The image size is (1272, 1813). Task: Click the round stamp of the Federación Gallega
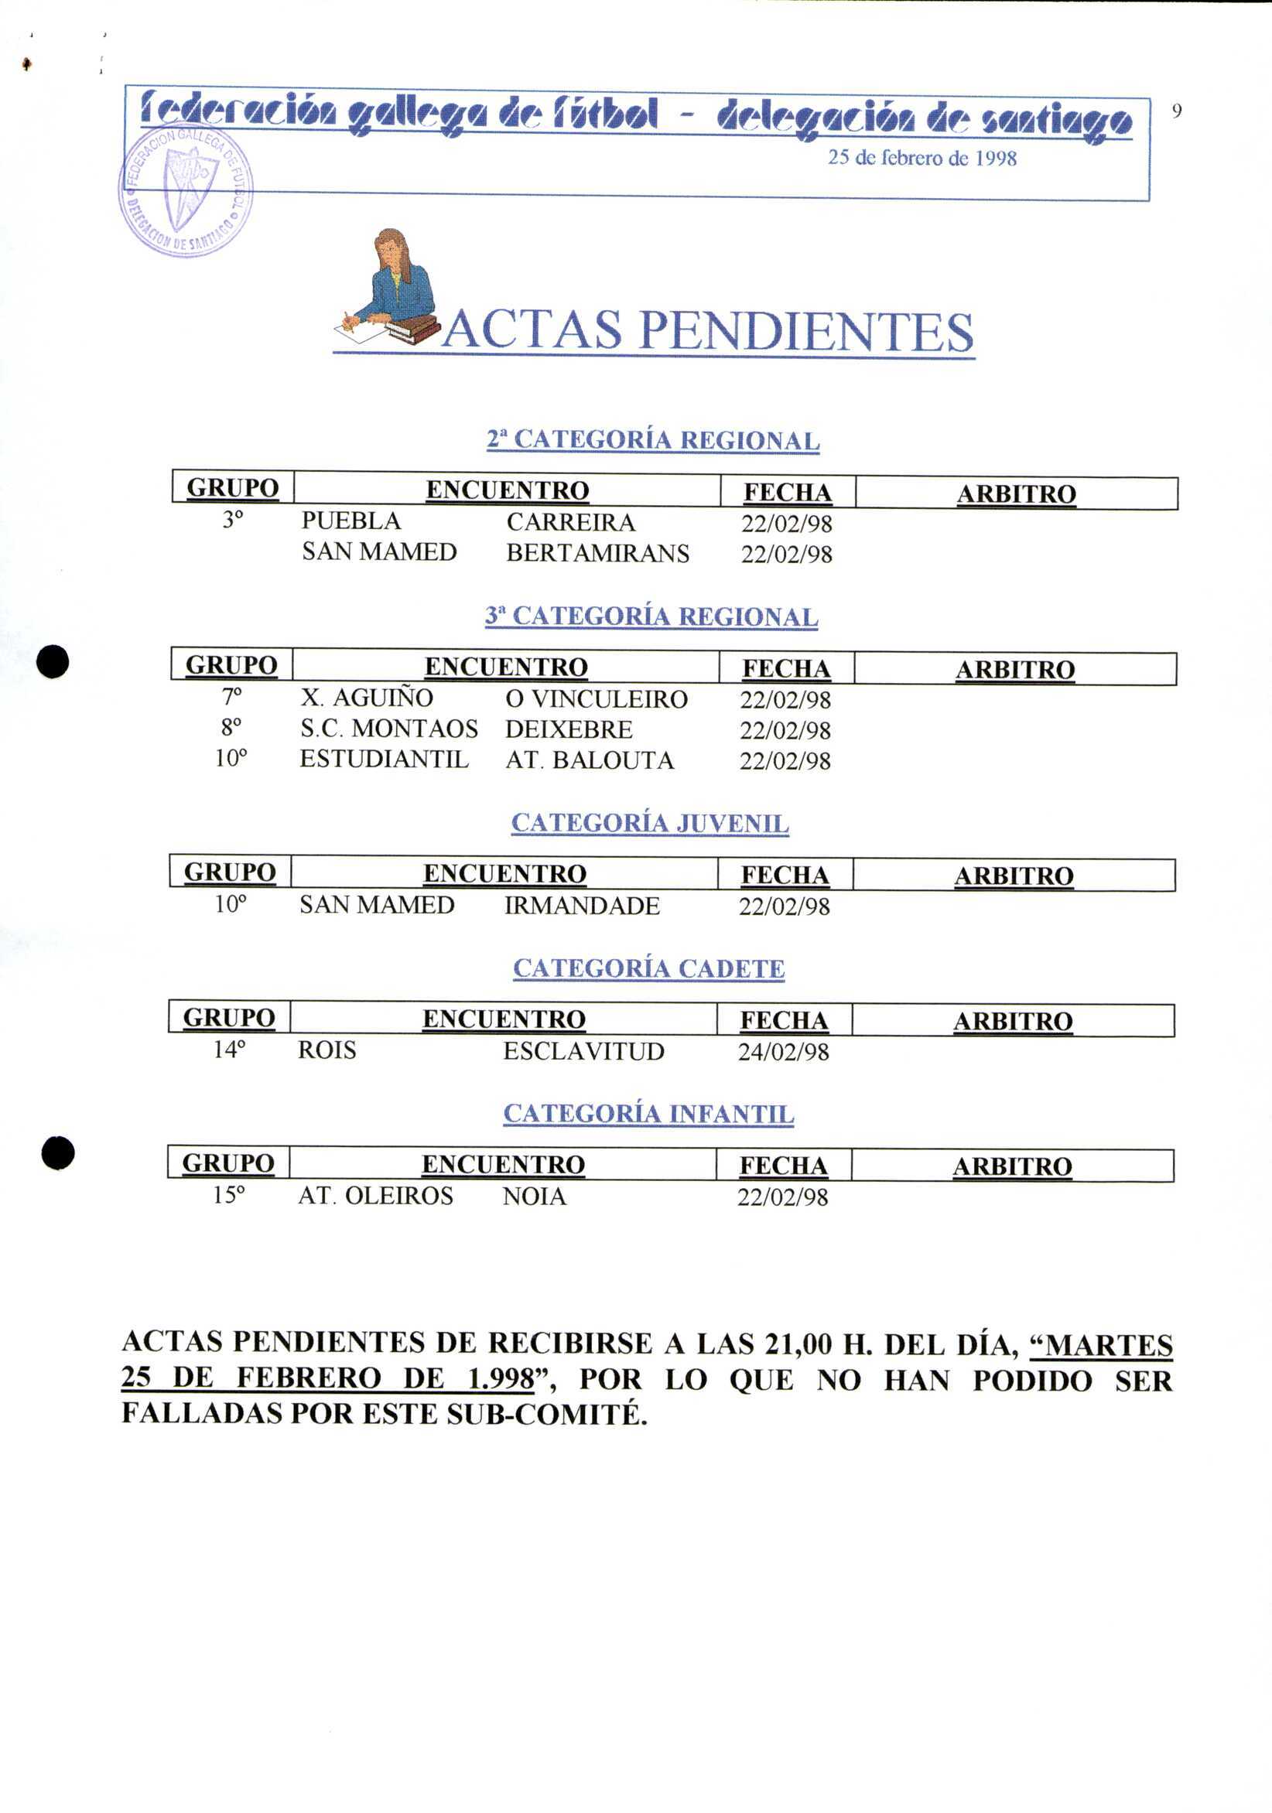[186, 190]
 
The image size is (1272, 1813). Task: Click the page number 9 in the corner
[1176, 111]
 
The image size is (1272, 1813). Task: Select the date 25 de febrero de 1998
[922, 158]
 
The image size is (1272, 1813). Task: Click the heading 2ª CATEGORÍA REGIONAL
[652, 440]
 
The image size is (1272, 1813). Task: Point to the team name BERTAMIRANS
[597, 554]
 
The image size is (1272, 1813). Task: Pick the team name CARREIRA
[570, 523]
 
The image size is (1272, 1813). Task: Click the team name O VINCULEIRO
[596, 699]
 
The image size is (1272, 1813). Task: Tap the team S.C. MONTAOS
[388, 729]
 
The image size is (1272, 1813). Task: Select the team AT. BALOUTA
[590, 760]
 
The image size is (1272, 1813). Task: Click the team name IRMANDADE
[582, 906]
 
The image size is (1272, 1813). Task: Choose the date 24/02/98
[783, 1052]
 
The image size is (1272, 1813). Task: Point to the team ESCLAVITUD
[583, 1052]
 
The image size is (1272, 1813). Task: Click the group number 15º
[228, 1196]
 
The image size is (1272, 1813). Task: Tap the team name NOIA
[534, 1197]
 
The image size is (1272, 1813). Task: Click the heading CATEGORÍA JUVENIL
[649, 823]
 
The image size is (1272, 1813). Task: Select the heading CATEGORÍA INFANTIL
[648, 1114]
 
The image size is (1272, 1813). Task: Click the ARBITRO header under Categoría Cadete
[1012, 1022]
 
